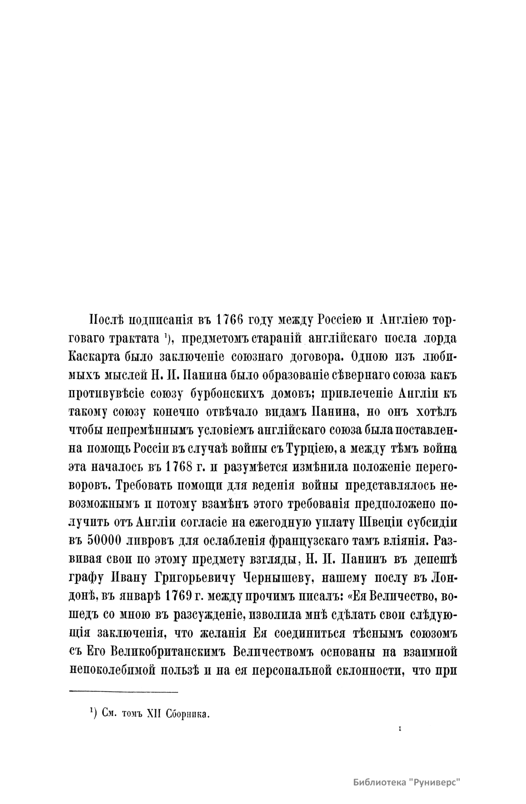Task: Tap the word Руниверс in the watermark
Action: click(x=437, y=783)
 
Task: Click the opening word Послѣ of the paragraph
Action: click(x=105, y=320)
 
